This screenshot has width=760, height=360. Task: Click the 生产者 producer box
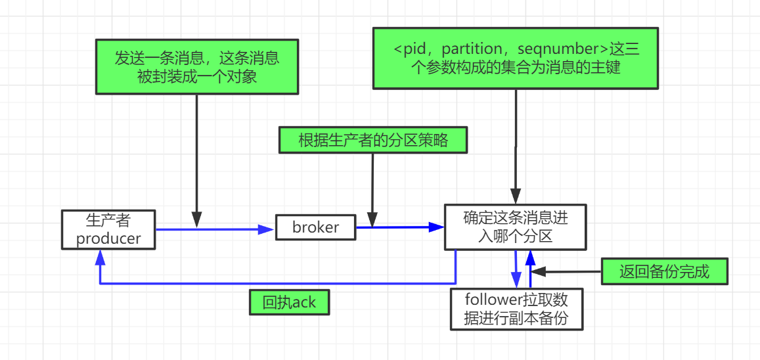tap(109, 230)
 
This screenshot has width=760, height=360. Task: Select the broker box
tap(315, 227)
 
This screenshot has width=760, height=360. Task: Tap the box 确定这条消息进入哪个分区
tap(515, 227)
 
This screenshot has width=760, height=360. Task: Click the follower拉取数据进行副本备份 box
tap(516, 309)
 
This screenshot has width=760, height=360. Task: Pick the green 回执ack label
tap(289, 303)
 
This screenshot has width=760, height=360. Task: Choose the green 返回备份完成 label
tap(664, 271)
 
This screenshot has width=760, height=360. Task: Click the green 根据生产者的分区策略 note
tap(373, 141)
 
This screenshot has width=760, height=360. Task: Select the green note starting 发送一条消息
tap(197, 66)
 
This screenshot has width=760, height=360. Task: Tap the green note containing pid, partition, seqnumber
tap(516, 58)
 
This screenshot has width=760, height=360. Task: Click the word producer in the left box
tap(109, 238)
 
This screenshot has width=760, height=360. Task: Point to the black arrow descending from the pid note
tap(516, 145)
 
